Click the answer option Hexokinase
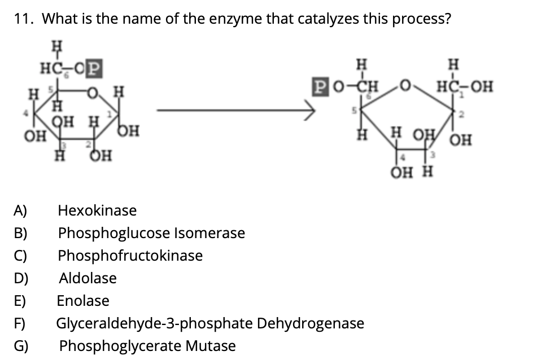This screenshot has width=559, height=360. pyautogui.click(x=97, y=211)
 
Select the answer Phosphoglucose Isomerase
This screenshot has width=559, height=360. pyautogui.click(x=151, y=233)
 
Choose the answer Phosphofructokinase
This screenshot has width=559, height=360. pyautogui.click(x=130, y=256)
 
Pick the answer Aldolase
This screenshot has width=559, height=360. pyautogui.click(x=88, y=278)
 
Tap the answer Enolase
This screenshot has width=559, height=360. pyautogui.click(x=83, y=301)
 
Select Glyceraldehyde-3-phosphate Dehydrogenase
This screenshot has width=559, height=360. pyautogui.click(x=210, y=323)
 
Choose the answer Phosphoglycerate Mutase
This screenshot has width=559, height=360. pyautogui.click(x=147, y=346)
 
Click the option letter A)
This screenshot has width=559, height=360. pyautogui.click(x=20, y=211)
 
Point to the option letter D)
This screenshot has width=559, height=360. pyautogui.click(x=21, y=278)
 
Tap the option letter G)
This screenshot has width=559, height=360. pyautogui.click(x=21, y=346)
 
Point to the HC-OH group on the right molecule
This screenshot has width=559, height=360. pyautogui.click(x=465, y=87)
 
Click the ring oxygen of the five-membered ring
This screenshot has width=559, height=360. pyautogui.click(x=404, y=87)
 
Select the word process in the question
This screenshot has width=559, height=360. pyautogui.click(x=422, y=19)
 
